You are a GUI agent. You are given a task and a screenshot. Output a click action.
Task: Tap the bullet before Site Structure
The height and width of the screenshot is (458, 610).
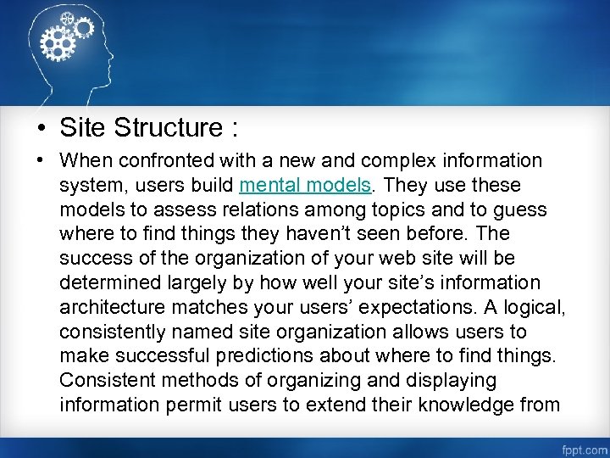tap(41, 129)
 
